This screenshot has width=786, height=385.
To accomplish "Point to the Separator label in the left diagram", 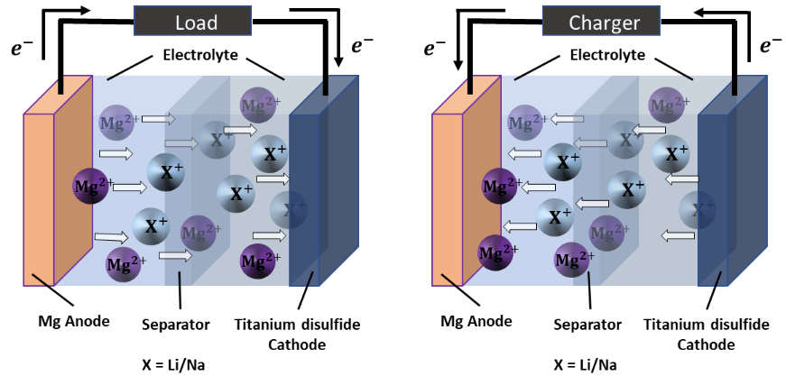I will pos(176,323).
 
